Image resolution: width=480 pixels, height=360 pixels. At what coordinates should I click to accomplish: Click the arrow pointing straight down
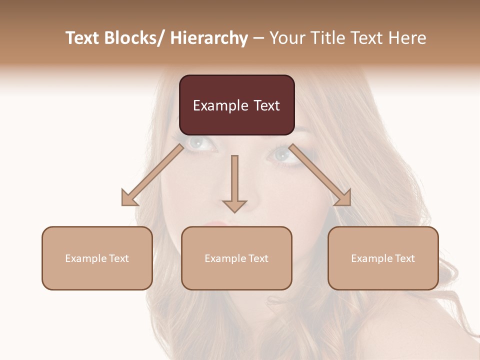[234, 185]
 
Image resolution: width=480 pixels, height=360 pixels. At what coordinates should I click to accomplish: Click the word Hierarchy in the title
[209, 38]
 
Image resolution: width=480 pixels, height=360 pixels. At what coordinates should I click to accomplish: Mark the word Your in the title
[286, 38]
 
